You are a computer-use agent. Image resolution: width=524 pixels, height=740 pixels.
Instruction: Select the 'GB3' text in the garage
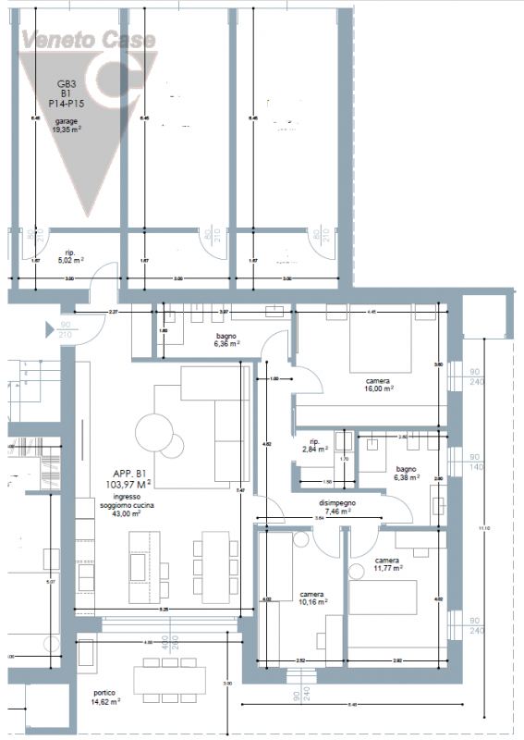66,84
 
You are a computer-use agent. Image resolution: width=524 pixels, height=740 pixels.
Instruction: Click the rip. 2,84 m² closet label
314,445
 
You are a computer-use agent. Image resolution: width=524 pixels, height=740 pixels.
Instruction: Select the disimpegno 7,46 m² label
338,506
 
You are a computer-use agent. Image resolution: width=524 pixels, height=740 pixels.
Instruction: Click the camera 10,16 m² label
312,598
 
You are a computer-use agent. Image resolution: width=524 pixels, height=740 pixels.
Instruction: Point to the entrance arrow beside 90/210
50,327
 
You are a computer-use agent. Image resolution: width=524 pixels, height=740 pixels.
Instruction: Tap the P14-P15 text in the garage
66,105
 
